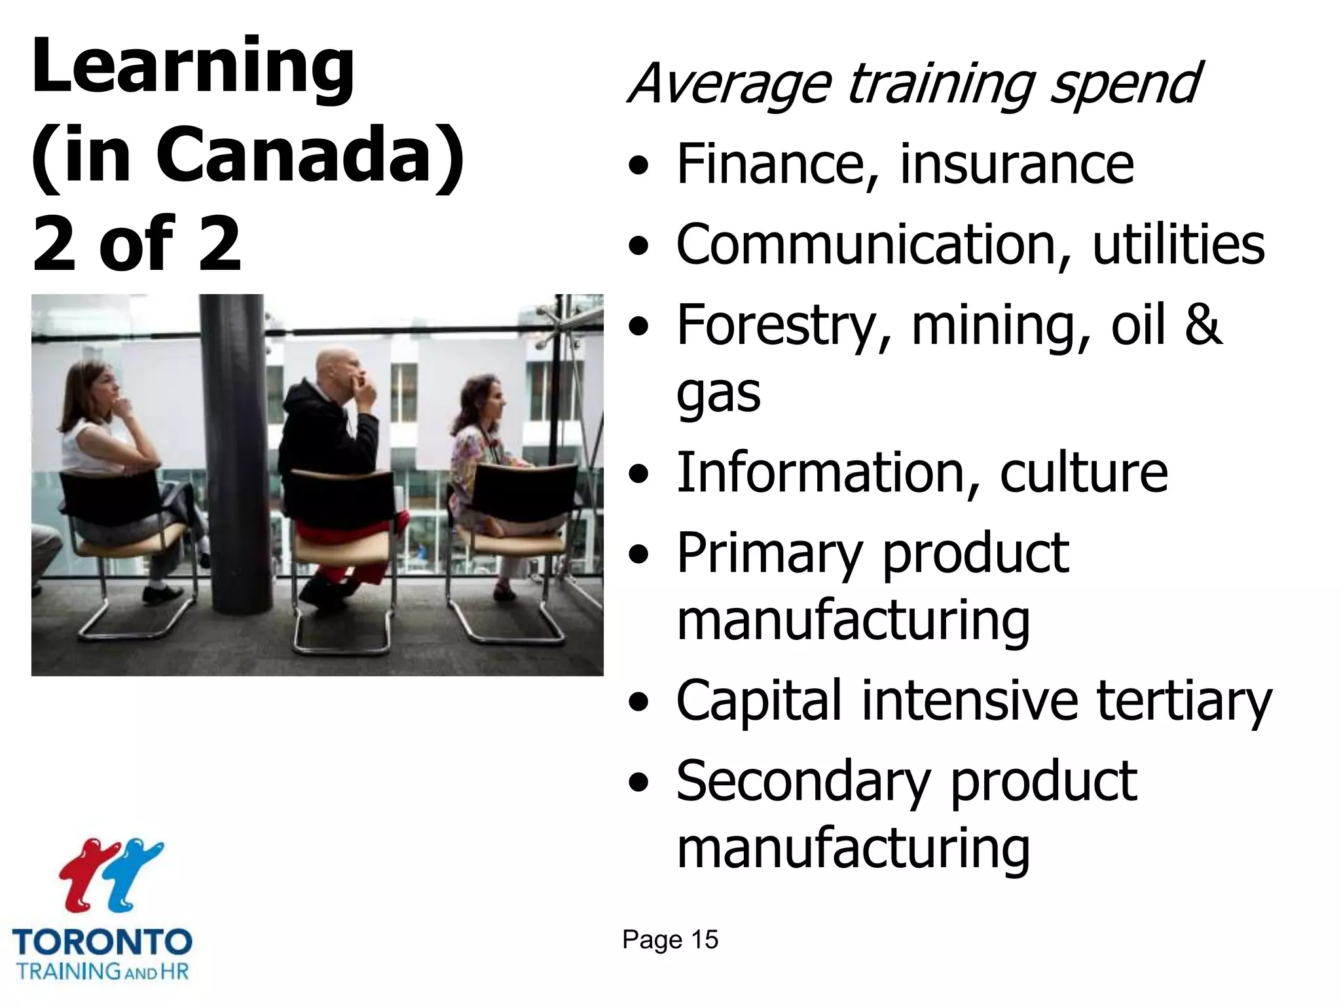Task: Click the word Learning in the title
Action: pos(193,68)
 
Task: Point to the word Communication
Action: pos(866,244)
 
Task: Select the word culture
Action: pos(1084,472)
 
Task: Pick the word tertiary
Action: pos(1184,701)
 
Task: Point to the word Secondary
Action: pos(803,781)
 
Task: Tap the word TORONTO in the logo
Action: pos(102,942)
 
